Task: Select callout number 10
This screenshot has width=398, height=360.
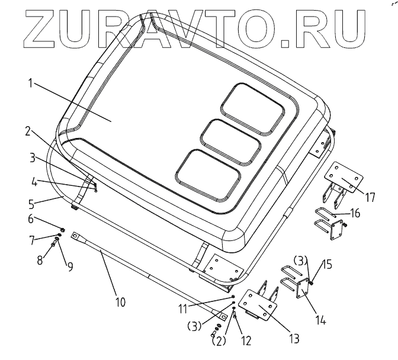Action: [x=120, y=302]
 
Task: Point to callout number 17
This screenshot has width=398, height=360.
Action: [x=370, y=197]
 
